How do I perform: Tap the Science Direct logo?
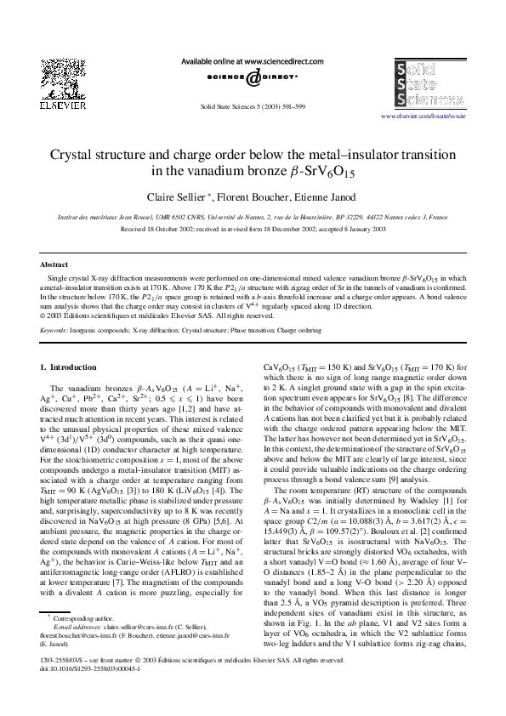coord(253,78)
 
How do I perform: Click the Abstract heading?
coord(54,265)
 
